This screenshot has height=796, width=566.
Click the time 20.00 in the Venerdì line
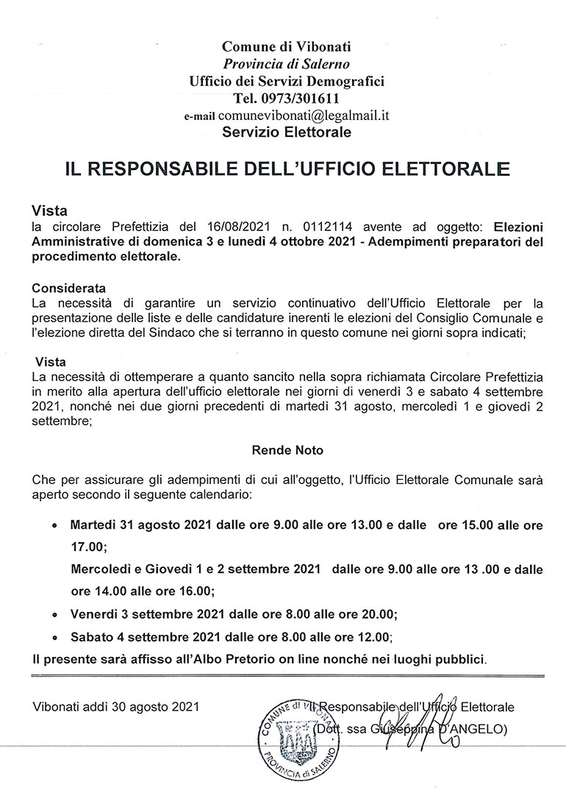[x=379, y=614]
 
